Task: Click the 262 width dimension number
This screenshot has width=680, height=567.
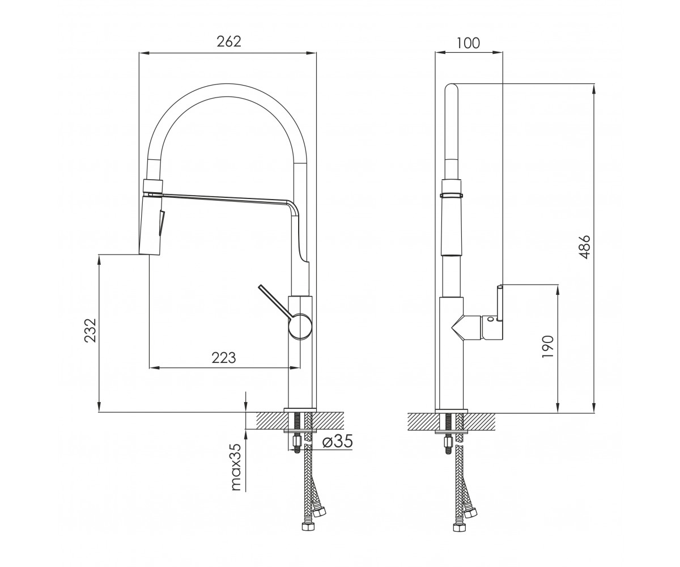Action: [229, 42]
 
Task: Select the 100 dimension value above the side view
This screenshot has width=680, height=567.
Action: [468, 43]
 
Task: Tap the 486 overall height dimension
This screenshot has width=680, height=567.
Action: [585, 247]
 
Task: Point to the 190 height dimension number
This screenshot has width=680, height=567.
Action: [548, 346]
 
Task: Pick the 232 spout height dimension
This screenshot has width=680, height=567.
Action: [90, 330]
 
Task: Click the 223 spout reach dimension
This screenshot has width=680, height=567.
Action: [224, 358]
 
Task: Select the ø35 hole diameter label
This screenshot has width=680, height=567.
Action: [337, 442]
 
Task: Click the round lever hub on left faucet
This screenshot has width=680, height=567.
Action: [300, 326]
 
